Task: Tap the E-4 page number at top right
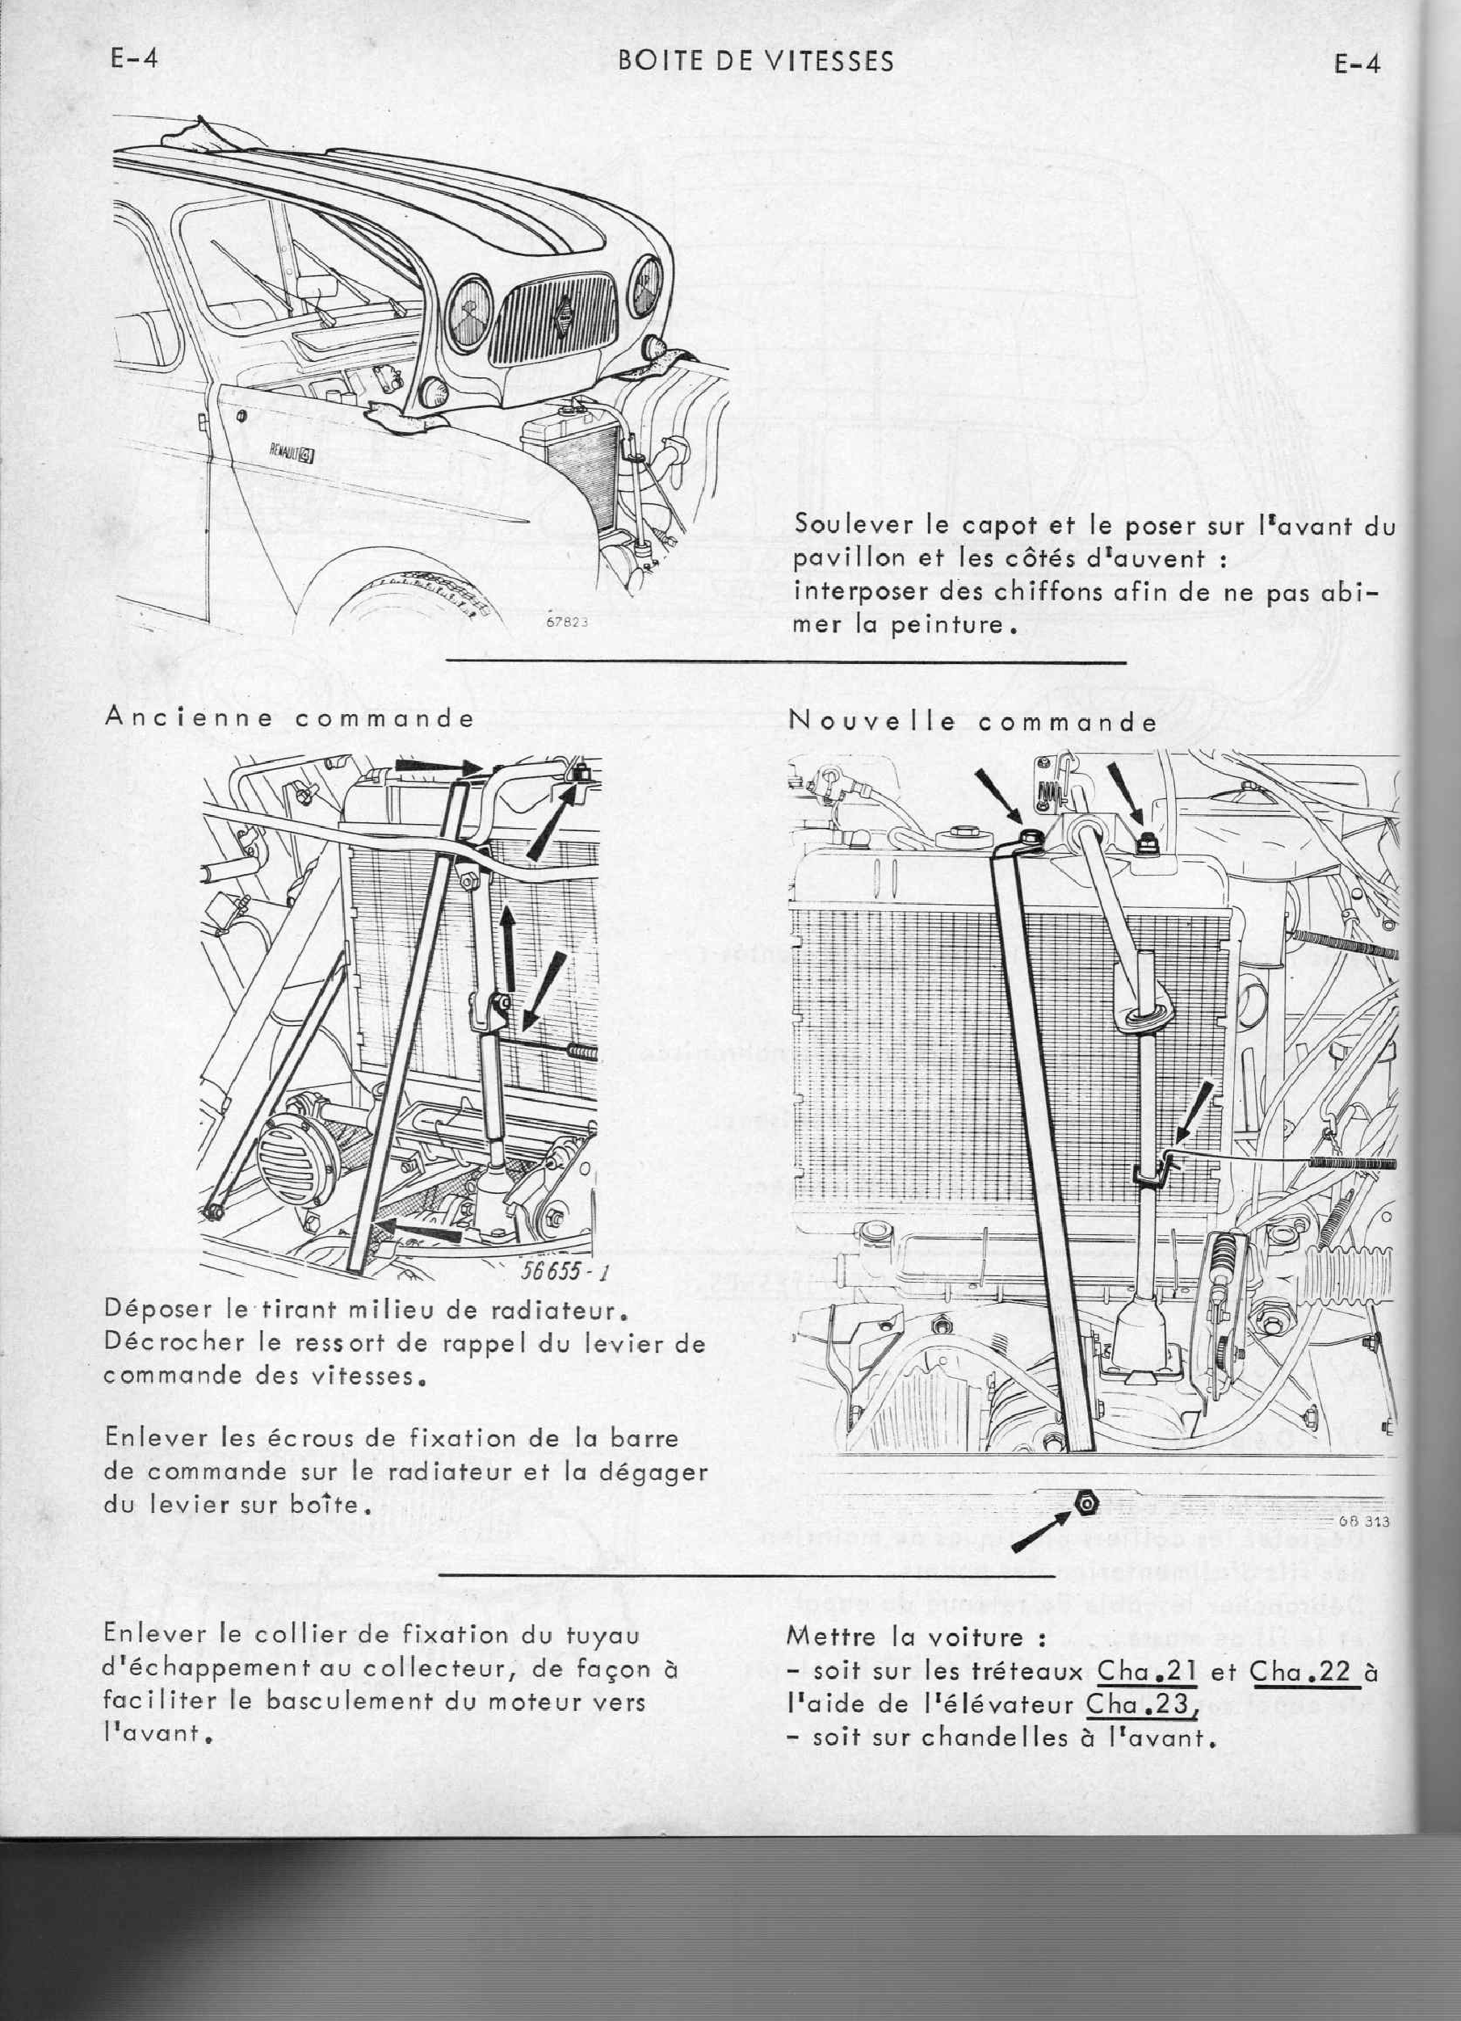1357,64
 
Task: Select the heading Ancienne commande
288,718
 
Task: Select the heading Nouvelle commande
973,722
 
